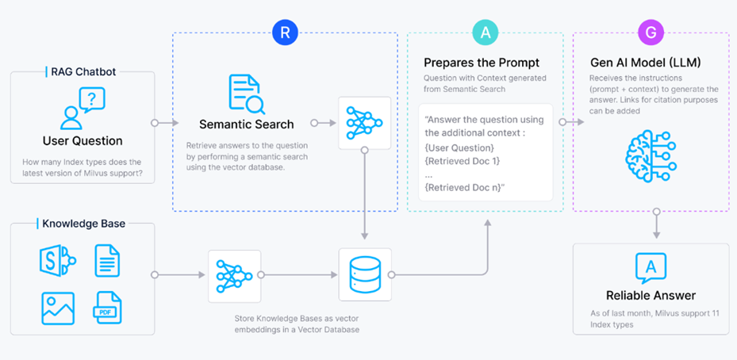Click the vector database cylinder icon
pos(364,275)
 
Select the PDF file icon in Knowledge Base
pos(108,308)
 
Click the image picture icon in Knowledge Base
pos(58,308)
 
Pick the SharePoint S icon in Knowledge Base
pos(57,260)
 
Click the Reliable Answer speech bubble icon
pos(651,267)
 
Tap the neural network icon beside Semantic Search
pos(364,123)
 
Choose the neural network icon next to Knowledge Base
pos(234,275)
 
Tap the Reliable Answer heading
pos(651,295)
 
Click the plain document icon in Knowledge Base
pos(108,260)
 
